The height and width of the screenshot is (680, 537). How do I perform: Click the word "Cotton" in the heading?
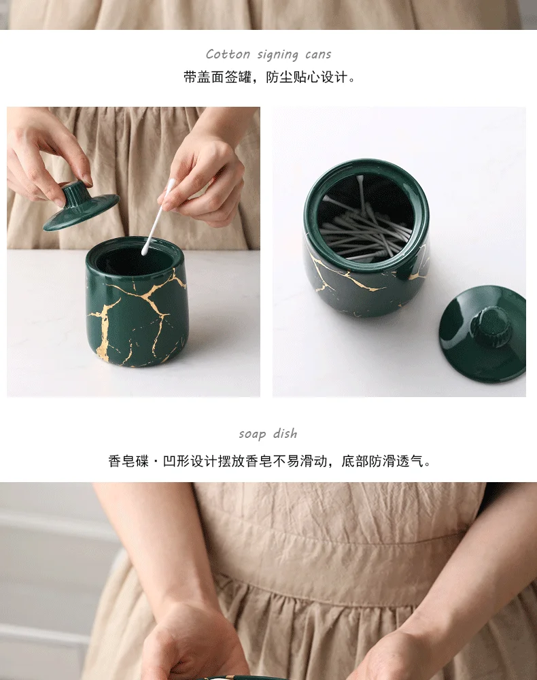[x=228, y=54]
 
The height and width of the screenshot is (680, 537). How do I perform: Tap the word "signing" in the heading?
[x=277, y=55]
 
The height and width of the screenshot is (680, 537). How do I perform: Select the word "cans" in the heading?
[x=318, y=54]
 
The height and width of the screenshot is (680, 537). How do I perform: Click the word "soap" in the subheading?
[x=252, y=434]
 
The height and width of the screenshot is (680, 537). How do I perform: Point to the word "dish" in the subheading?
[x=285, y=434]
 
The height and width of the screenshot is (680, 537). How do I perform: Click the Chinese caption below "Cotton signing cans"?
[x=269, y=78]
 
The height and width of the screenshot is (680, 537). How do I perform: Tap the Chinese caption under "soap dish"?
[x=269, y=462]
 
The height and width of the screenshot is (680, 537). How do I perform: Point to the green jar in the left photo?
[x=136, y=313]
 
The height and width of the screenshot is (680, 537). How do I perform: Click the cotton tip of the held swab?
[x=145, y=250]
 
